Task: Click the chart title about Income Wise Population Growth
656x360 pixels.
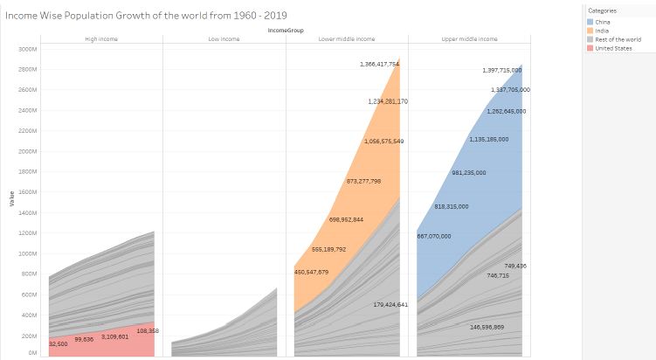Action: click(x=146, y=16)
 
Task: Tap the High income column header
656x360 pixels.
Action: click(x=101, y=39)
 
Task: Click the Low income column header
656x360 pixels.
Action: click(x=224, y=39)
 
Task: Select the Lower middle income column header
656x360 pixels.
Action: click(x=347, y=39)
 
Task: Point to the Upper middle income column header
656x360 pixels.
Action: click(x=469, y=39)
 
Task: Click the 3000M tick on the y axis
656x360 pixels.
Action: click(x=26, y=49)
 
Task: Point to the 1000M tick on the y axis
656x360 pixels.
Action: click(x=26, y=253)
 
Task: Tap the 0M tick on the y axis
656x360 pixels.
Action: click(x=31, y=353)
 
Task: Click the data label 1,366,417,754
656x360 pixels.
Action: click(x=379, y=64)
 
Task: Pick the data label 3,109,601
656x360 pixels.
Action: click(x=114, y=336)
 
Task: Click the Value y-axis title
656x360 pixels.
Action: click(x=11, y=199)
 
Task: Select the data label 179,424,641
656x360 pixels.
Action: click(x=378, y=304)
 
